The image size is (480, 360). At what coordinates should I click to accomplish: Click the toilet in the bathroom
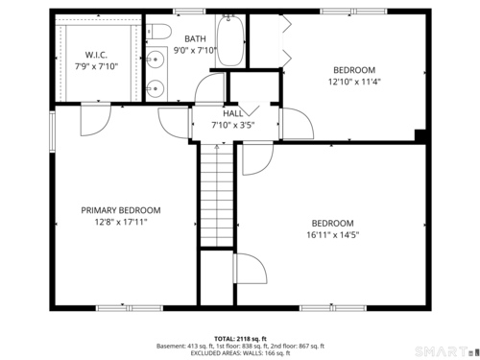point(158,32)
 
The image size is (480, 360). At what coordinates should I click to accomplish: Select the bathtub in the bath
point(230,40)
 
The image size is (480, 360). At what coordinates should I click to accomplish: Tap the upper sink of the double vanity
point(156,60)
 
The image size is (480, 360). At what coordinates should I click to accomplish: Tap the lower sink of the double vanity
point(156,88)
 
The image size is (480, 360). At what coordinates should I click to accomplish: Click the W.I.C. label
point(96,55)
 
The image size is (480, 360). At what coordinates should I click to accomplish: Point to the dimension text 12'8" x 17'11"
point(121,222)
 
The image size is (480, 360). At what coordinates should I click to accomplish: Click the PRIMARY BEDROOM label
point(121,210)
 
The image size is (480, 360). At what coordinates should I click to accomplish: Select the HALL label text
point(233,113)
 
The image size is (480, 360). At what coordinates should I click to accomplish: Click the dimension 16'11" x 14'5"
point(333,234)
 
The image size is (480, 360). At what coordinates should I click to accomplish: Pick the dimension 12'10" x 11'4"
point(354,82)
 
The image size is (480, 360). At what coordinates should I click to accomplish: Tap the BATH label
point(195,38)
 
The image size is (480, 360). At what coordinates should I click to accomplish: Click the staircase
point(217,195)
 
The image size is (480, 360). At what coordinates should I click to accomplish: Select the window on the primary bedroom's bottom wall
point(130,308)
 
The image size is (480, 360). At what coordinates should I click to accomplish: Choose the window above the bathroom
point(189,12)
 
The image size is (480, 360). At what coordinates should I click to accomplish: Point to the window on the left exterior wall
point(53,132)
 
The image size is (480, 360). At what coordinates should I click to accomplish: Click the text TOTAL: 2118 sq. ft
point(240,339)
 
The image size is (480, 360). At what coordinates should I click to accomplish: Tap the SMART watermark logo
point(444,351)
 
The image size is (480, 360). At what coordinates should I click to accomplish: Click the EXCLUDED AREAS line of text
point(240,353)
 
